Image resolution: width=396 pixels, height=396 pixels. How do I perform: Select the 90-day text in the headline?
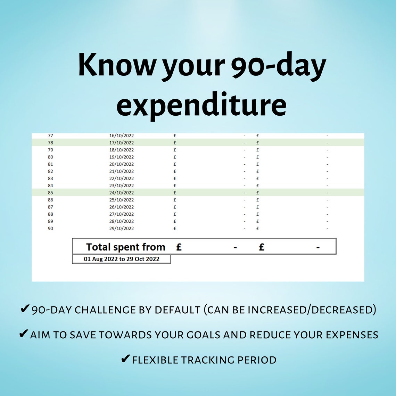[x=276, y=66]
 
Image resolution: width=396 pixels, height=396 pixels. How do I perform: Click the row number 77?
[x=50, y=135]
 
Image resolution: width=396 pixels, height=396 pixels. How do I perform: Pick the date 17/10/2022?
[x=121, y=143]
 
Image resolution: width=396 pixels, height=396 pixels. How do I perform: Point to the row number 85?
[x=50, y=193]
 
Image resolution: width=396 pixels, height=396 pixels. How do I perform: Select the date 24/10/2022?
[x=121, y=193]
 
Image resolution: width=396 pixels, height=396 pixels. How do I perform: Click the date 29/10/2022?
[x=121, y=229]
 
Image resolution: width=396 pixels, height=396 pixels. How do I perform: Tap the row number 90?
[x=50, y=229]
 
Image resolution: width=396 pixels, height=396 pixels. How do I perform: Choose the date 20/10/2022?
[x=121, y=164]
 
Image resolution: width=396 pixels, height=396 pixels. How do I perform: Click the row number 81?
[x=50, y=164]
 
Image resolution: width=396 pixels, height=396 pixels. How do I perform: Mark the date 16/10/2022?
[x=121, y=135]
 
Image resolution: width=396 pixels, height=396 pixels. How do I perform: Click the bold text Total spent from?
[x=125, y=247]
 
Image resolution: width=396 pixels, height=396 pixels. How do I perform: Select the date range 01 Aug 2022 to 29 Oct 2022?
[x=122, y=259]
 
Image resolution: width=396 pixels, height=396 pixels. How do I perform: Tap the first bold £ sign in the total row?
[x=179, y=247]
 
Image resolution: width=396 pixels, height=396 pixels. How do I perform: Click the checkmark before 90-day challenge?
[x=25, y=309]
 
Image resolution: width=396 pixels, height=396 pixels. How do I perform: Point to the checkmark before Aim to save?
[x=24, y=334]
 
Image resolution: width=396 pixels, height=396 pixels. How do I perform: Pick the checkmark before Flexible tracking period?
[x=125, y=359]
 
